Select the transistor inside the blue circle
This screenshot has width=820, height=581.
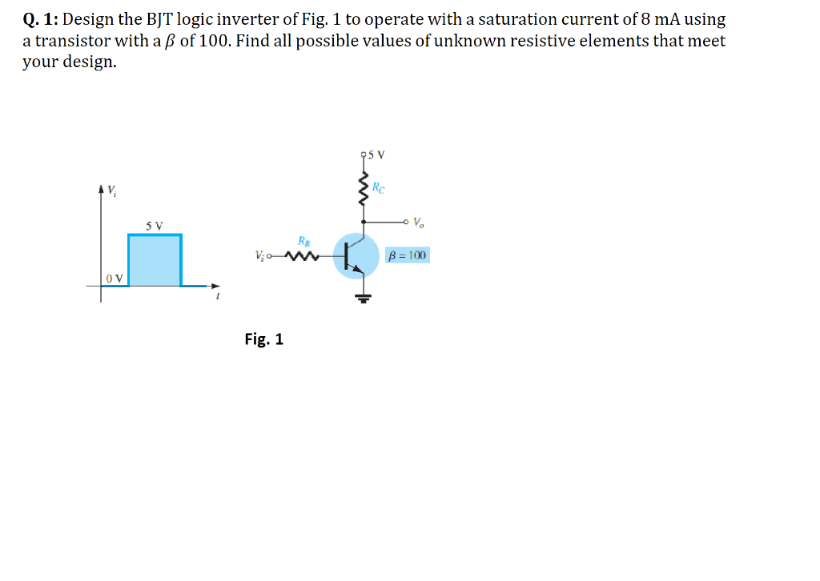click(356, 255)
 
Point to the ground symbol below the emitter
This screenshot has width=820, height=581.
click(364, 298)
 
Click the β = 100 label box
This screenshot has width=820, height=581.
click(408, 256)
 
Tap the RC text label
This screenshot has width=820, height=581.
click(379, 190)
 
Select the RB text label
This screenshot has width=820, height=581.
click(304, 240)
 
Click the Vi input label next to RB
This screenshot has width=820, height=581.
click(258, 257)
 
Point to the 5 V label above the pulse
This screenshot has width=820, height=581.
click(155, 226)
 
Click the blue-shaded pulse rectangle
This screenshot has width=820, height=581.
click(155, 260)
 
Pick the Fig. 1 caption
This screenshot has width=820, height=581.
click(263, 339)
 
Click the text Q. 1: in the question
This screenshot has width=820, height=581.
click(39, 19)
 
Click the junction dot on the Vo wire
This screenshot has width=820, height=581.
click(364, 222)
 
